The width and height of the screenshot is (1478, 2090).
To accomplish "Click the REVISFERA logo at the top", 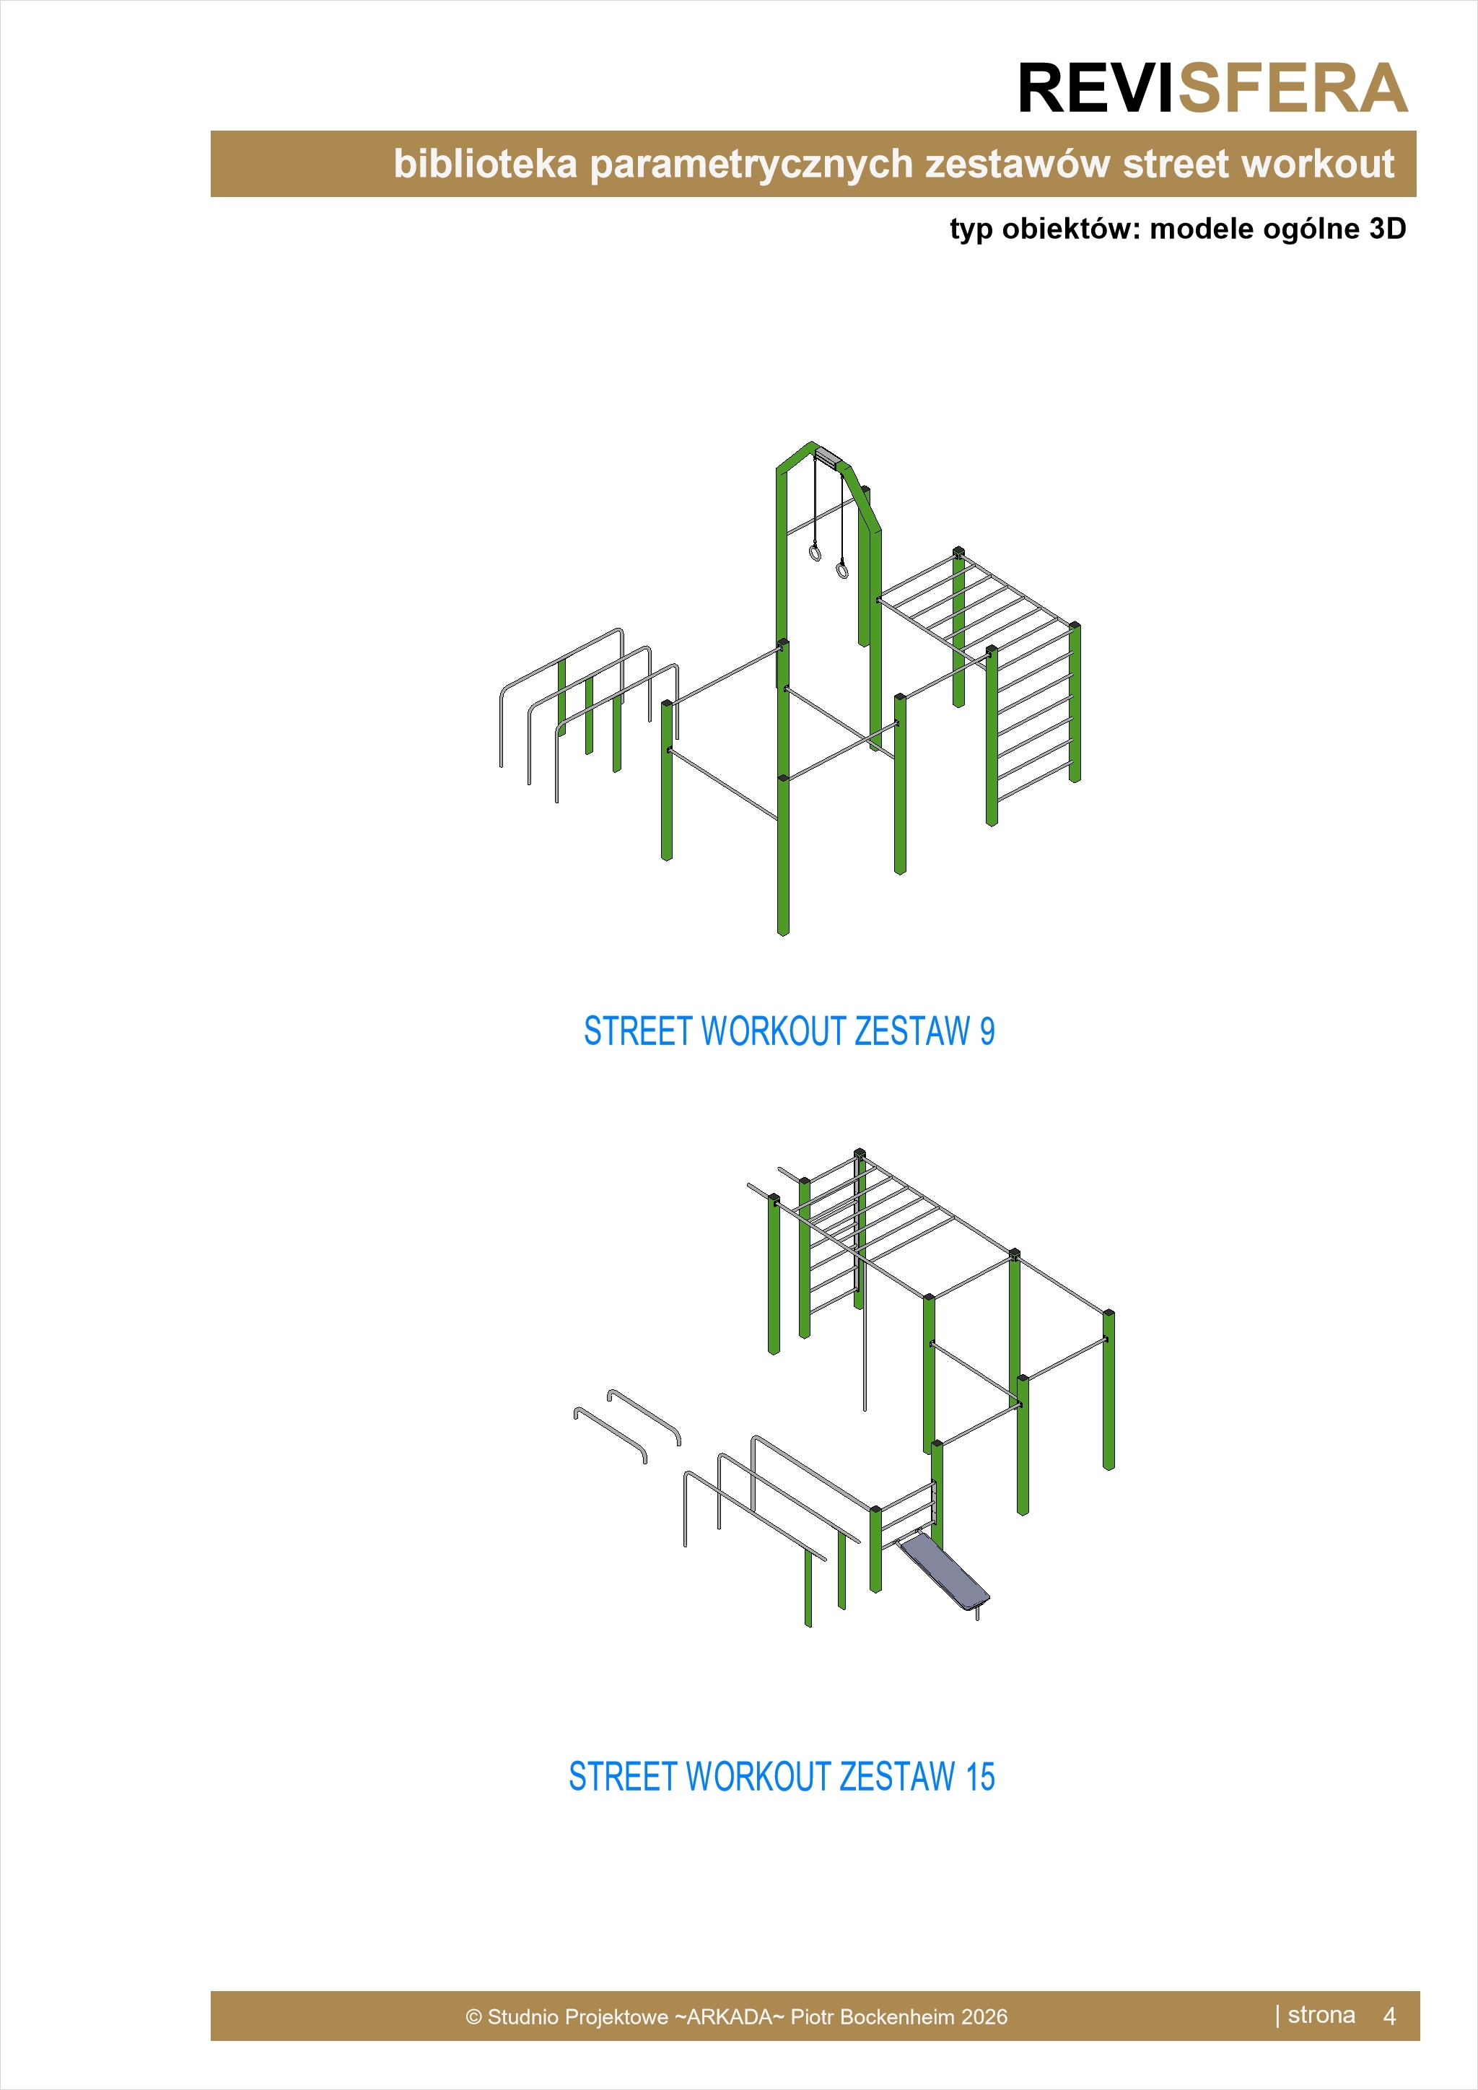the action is [x=1212, y=89].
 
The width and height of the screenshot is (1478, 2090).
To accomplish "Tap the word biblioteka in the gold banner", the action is [x=485, y=164].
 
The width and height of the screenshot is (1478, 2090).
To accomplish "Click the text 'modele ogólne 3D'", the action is [x=1278, y=229].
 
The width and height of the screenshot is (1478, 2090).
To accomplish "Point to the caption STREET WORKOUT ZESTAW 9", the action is [x=789, y=1031].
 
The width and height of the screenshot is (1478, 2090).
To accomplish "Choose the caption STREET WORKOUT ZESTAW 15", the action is [x=782, y=1776].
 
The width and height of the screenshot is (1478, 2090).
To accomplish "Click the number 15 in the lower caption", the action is [x=980, y=1776].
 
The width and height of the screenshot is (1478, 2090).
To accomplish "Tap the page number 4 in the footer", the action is [x=1389, y=2016].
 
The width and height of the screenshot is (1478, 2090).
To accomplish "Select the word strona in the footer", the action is [x=1321, y=2016].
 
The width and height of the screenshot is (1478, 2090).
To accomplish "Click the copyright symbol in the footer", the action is [x=473, y=2017].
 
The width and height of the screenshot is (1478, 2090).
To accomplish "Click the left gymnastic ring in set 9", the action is [x=815, y=553].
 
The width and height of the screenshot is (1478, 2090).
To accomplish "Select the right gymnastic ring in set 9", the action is [x=843, y=570].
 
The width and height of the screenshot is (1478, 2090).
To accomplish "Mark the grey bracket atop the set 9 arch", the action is [x=828, y=456].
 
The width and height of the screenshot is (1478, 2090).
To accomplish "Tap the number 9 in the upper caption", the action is [x=987, y=1031].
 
